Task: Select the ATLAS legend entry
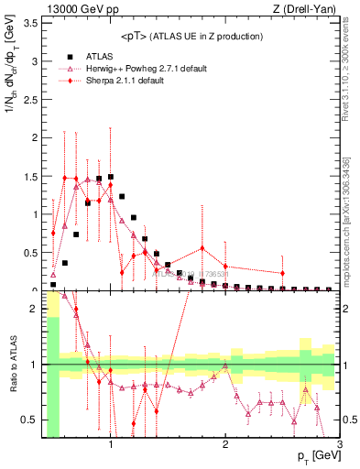(100, 56)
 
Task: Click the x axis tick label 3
(339, 445)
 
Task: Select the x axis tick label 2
(225, 445)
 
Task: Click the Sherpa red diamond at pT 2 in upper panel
(225, 267)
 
